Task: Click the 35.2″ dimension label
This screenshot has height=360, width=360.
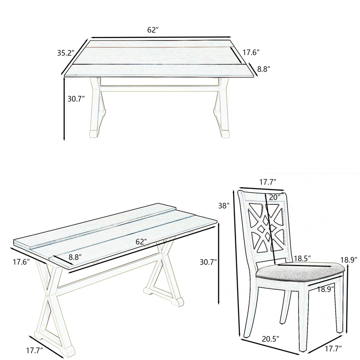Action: pyautogui.click(x=66, y=53)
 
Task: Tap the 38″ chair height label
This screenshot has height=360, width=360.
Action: pyautogui.click(x=224, y=206)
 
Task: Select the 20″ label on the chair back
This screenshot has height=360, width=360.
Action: pyautogui.click(x=274, y=197)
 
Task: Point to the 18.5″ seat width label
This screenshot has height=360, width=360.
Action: pyautogui.click(x=302, y=258)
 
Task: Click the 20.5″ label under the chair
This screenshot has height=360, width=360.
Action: pyautogui.click(x=271, y=339)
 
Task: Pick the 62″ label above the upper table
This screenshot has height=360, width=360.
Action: pyautogui.click(x=153, y=30)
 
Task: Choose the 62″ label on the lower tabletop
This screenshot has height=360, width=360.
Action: pyautogui.click(x=141, y=242)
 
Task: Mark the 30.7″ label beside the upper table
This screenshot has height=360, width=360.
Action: pyautogui.click(x=76, y=99)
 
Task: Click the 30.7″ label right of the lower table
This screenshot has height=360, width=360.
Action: pyautogui.click(x=208, y=262)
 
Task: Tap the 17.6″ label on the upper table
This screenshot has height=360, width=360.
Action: pyautogui.click(x=251, y=53)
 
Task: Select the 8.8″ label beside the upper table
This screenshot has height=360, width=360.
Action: pyautogui.click(x=263, y=69)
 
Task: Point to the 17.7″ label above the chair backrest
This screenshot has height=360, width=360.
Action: pyautogui.click(x=268, y=182)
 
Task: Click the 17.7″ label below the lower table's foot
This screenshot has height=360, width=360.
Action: pyautogui.click(x=35, y=351)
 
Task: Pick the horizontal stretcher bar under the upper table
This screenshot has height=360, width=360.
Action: pyautogui.click(x=159, y=88)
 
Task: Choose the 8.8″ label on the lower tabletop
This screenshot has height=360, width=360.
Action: pyautogui.click(x=75, y=257)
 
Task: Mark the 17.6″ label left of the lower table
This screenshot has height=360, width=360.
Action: pyautogui.click(x=21, y=262)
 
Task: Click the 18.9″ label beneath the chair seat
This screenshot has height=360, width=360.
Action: pyautogui.click(x=325, y=289)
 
